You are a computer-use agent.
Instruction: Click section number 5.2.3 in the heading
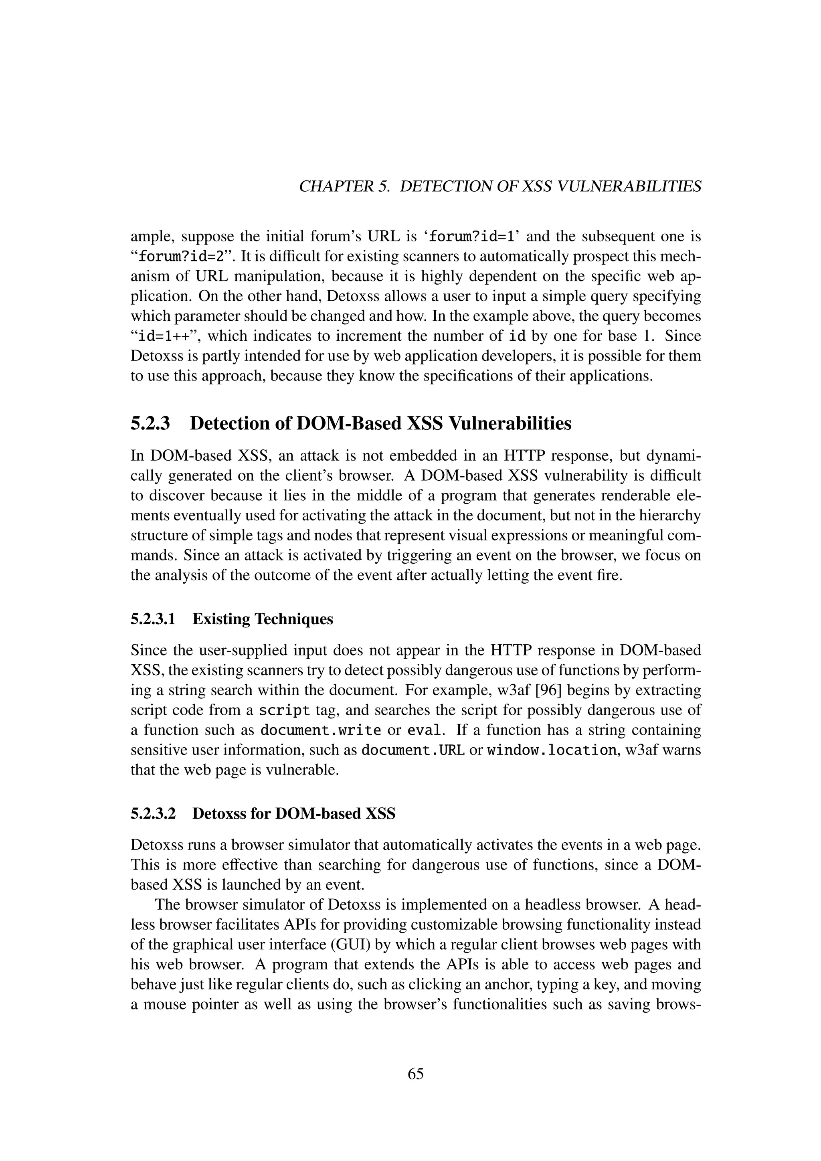150,423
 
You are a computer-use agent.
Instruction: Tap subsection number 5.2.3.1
153,619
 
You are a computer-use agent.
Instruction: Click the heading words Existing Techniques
263,619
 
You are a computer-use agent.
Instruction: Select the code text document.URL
413,750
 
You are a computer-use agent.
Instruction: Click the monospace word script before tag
285,710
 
